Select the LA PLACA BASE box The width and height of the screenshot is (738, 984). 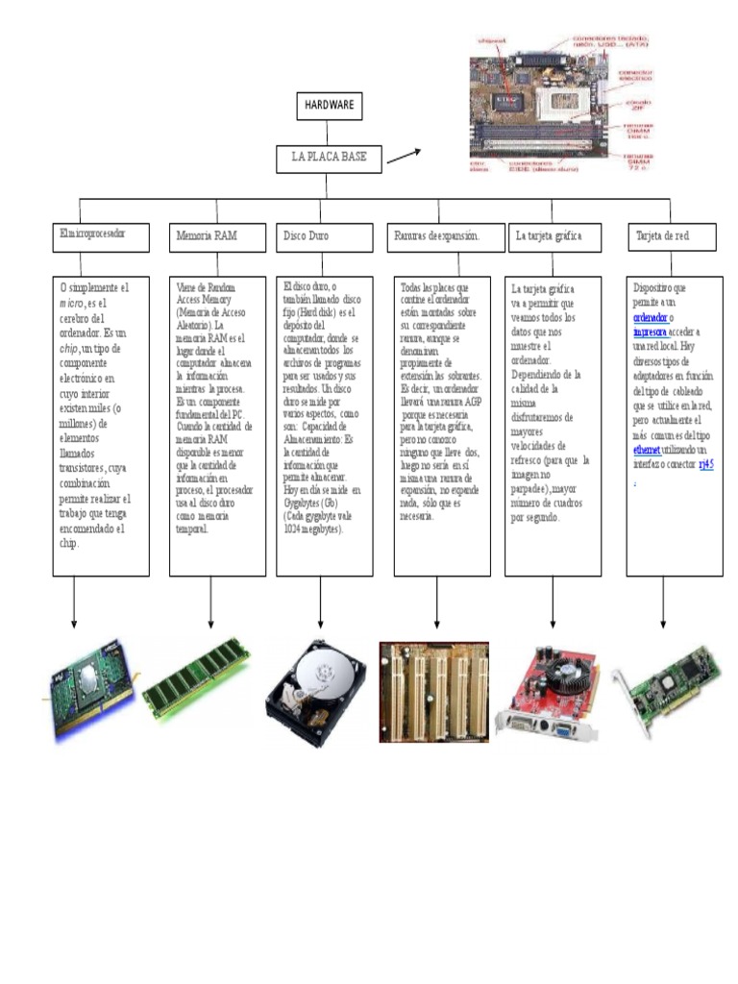[329, 159]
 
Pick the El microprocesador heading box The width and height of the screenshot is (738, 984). [101, 235]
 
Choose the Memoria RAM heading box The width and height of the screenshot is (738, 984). [210, 235]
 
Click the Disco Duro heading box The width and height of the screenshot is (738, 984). [324, 235]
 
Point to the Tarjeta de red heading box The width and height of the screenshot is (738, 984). [669, 235]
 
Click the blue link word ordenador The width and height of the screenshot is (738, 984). [651, 317]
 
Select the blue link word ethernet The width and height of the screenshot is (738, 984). [648, 449]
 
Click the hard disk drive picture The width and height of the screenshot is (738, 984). [316, 692]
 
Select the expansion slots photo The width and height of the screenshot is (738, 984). [433, 692]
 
